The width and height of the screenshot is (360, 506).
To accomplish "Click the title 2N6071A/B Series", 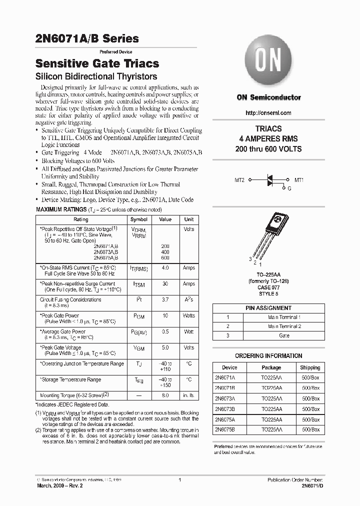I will [x=87, y=38].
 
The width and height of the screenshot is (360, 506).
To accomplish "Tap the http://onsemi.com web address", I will [x=268, y=112].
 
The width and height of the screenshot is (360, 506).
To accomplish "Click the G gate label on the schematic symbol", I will [x=288, y=189].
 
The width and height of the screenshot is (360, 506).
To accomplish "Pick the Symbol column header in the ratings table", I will [x=139, y=219].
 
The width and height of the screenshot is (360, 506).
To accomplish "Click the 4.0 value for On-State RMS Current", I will [x=165, y=268].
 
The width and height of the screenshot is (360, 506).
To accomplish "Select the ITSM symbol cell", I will [x=139, y=284].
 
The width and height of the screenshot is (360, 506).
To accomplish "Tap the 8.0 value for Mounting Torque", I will [x=165, y=395].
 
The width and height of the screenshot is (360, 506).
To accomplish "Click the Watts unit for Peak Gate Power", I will [x=189, y=315].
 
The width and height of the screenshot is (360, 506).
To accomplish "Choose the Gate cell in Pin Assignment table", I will [x=284, y=335].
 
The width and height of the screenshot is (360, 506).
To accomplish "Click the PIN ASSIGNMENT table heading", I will [x=268, y=308].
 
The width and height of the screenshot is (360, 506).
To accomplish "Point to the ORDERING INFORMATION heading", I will [x=269, y=356].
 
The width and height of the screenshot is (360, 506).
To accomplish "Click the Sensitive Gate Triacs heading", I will [x=97, y=63].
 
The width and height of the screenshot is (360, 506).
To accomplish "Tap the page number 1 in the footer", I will [x=179, y=480].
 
